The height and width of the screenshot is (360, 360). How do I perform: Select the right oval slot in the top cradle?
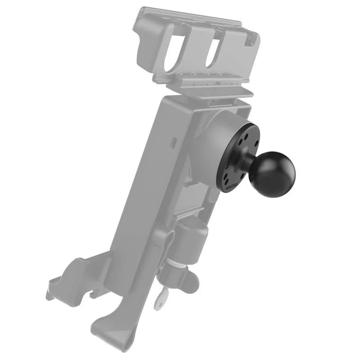point(216,49)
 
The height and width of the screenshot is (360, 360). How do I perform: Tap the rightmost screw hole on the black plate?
point(256,143)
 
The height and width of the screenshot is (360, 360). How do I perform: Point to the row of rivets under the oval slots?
point(202,74)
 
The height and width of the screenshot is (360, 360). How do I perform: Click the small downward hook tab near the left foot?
point(94,294)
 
